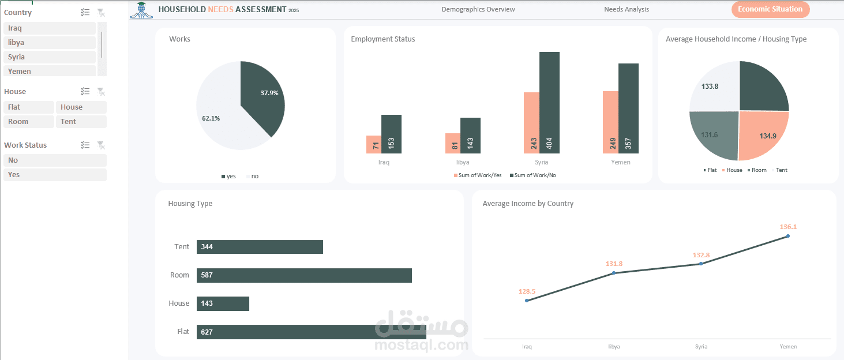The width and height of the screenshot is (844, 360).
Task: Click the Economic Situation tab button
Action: pyautogui.click(x=770, y=9)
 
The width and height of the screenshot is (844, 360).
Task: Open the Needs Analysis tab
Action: pyautogui.click(x=626, y=9)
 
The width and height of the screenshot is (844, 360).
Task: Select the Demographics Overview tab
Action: pyautogui.click(x=478, y=9)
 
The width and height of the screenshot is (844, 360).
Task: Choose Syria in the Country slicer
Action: pyautogui.click(x=49, y=57)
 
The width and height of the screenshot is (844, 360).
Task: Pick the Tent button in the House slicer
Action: pyautogui.click(x=81, y=122)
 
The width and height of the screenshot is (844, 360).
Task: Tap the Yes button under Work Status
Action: pyautogui.click(x=55, y=175)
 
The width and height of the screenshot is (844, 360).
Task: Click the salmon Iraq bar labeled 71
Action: pyautogui.click(x=373, y=145)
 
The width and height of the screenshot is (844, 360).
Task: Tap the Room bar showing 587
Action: pyautogui.click(x=304, y=275)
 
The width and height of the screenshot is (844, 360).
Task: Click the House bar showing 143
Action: pyautogui.click(x=223, y=303)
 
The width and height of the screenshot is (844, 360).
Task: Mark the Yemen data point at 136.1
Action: pyautogui.click(x=787, y=236)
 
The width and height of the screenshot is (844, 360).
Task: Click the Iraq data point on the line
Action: pyautogui.click(x=527, y=301)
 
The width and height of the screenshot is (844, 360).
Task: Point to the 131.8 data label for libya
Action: pyautogui.click(x=614, y=264)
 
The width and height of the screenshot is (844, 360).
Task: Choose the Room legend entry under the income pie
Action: pyautogui.click(x=756, y=170)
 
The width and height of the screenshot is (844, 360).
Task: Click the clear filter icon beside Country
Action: pyautogui.click(x=101, y=13)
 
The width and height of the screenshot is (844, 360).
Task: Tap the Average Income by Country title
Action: pyautogui.click(x=528, y=204)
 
